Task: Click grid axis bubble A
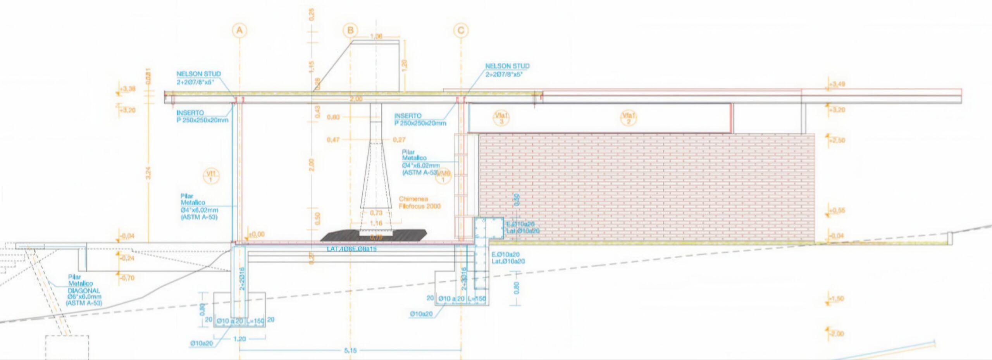[x=239, y=31]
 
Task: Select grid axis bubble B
[x=350, y=31]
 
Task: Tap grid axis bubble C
[x=461, y=31]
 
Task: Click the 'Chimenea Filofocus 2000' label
[x=419, y=202]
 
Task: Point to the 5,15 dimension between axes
[x=350, y=350]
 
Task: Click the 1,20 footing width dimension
[x=240, y=339]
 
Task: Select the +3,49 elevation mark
[x=837, y=84]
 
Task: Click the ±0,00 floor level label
[x=256, y=234]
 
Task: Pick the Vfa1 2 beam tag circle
[x=629, y=118]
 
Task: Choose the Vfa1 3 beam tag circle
[x=501, y=118]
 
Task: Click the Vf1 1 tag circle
[x=211, y=176]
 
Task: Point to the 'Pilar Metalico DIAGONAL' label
[x=83, y=290]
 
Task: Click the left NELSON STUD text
[x=198, y=74]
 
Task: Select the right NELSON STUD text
[x=507, y=66]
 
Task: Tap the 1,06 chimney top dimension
[x=376, y=36]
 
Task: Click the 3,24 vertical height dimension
[x=148, y=172]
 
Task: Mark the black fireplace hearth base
[x=374, y=236]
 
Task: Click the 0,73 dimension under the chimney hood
[x=376, y=213]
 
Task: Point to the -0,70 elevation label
[x=127, y=278]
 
